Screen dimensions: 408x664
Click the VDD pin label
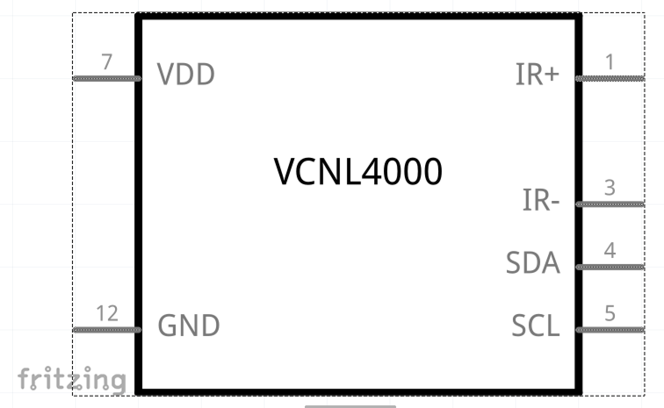click(186, 74)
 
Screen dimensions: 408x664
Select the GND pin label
click(188, 326)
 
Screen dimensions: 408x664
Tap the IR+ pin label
click(537, 74)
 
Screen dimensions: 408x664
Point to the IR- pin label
click(541, 200)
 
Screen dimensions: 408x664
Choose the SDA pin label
click(533, 263)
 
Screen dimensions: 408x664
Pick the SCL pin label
click(536, 326)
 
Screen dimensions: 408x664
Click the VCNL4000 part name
click(358, 172)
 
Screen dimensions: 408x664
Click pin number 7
click(107, 62)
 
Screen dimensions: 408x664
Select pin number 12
click(107, 314)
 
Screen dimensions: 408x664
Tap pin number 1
click(610, 62)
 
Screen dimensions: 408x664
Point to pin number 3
click(610, 188)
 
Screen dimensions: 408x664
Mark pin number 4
click(610, 251)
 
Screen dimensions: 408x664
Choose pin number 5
click(610, 313)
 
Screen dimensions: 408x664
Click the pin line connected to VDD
click(107, 79)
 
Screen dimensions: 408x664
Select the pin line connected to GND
click(107, 330)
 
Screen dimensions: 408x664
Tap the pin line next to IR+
click(610, 79)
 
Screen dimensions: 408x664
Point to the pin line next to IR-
click(610, 204)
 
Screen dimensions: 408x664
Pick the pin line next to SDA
click(610, 267)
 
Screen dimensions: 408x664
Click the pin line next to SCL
click(610, 330)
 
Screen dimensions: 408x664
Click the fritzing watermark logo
click(72, 379)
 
